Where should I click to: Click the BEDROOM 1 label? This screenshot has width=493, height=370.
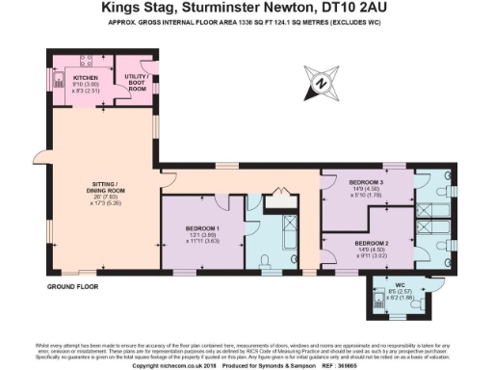click(x=204, y=228)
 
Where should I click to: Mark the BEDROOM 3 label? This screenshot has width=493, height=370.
click(x=368, y=181)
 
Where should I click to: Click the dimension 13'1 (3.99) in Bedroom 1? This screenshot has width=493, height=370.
click(x=204, y=236)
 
